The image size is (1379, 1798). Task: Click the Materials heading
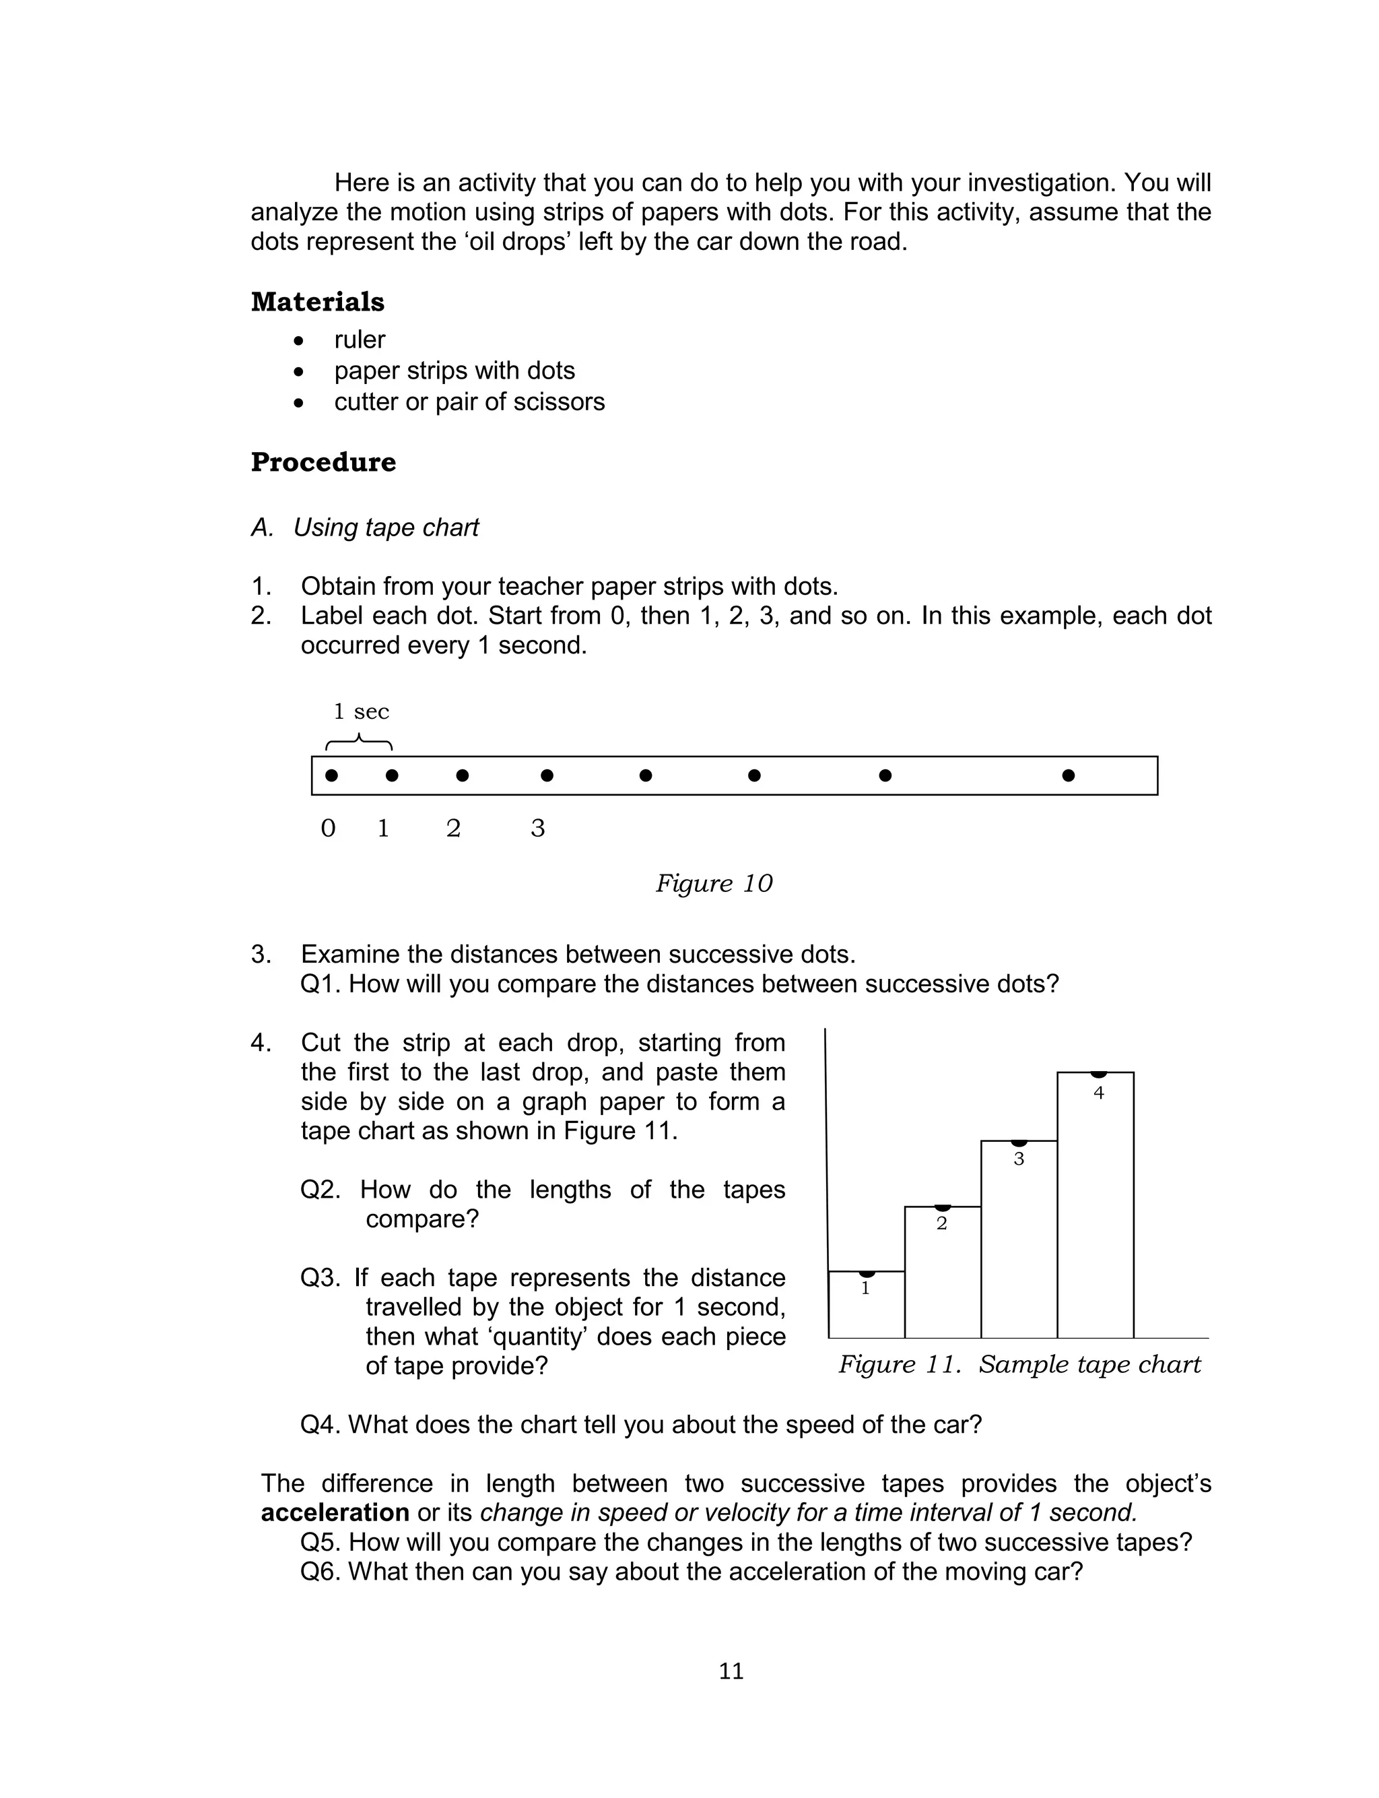coord(318,302)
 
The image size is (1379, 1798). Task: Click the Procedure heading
coord(323,462)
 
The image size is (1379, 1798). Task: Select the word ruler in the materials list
coord(360,340)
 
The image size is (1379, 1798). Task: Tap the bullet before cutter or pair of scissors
coord(299,403)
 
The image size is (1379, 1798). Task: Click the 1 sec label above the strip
coord(361,712)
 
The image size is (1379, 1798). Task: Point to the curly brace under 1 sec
coord(360,742)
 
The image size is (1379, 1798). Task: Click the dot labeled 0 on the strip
coord(331,775)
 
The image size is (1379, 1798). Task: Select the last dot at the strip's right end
coord(1068,775)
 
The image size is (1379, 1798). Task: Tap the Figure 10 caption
coord(713,883)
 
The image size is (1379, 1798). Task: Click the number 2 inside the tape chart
coord(941,1224)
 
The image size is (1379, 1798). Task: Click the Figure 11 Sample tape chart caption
coord(1019,1365)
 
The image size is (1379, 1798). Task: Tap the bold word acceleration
coord(335,1513)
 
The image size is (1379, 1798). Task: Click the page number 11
coord(731,1671)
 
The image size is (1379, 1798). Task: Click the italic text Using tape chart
coord(386,528)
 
